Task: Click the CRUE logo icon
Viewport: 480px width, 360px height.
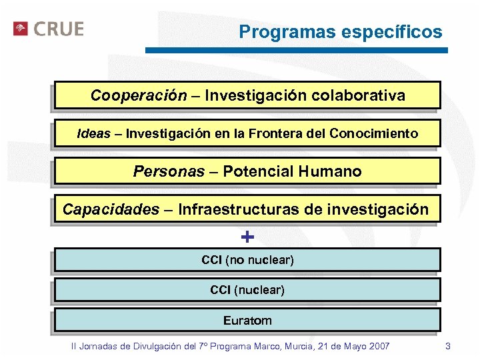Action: [x=21, y=29]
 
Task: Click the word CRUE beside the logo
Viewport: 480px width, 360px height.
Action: [x=58, y=29]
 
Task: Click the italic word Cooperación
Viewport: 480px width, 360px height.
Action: [x=139, y=95]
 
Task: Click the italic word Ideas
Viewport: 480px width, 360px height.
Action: [x=94, y=133]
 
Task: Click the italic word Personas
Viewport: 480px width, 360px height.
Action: [x=169, y=171]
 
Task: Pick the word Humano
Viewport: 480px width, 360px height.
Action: [x=330, y=171]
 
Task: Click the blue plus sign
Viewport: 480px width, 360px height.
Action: [x=247, y=237]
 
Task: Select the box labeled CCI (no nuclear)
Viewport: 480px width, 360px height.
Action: [x=247, y=259]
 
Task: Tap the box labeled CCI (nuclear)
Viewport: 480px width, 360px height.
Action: [x=247, y=290]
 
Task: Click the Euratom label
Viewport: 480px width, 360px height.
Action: [x=247, y=321]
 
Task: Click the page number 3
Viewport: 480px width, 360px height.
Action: [x=448, y=346]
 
